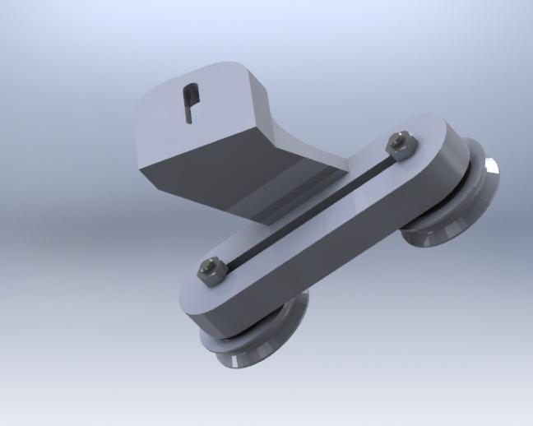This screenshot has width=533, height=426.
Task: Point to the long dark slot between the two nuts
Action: (304, 208)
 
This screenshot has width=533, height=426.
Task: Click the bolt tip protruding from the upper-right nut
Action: (402, 138)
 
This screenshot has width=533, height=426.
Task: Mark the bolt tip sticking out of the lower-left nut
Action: (210, 265)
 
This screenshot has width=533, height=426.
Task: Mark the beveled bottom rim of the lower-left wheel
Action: (255, 362)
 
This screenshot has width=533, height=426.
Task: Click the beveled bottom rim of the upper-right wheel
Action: (436, 243)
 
